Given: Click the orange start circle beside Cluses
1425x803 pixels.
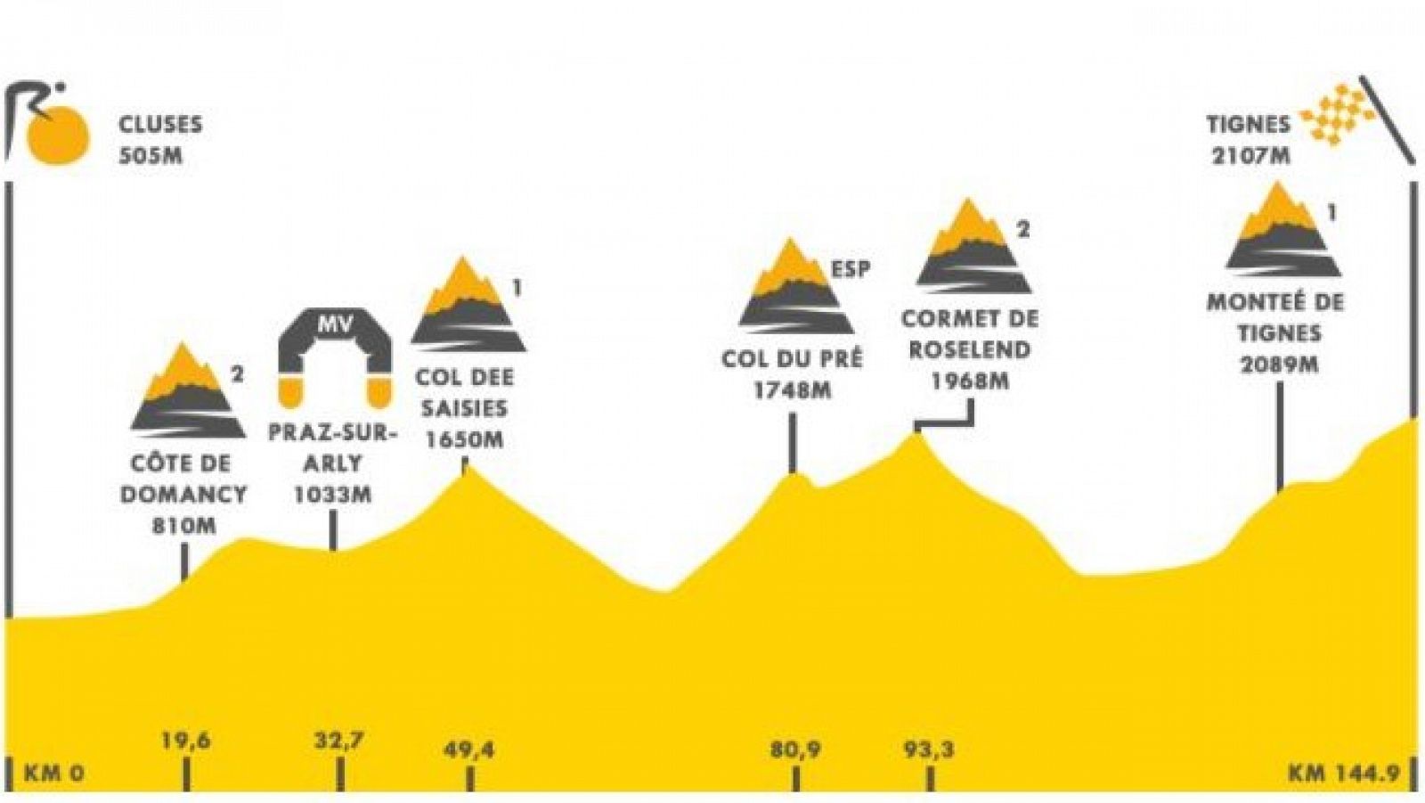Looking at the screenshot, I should [x=57, y=136].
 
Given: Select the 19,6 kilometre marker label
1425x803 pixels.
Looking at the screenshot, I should [x=185, y=741].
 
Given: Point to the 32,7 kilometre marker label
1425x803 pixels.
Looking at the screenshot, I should [x=338, y=741].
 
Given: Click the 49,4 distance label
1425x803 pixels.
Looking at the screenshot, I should [x=468, y=750].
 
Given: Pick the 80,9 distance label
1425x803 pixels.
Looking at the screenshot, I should [x=795, y=750].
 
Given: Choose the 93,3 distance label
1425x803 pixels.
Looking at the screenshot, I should [x=929, y=750].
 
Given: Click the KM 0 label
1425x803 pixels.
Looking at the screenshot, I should [x=53, y=773].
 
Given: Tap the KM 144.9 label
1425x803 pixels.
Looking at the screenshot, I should [x=1343, y=773].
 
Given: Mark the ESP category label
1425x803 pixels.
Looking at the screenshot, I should [x=850, y=268].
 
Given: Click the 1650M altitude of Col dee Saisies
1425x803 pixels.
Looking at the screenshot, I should [x=463, y=439].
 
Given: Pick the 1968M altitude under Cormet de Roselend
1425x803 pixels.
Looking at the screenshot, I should [x=970, y=381].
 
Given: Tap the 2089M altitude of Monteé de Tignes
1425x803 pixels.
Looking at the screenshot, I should [x=1279, y=365].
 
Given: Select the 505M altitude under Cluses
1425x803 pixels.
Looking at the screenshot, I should [x=151, y=155].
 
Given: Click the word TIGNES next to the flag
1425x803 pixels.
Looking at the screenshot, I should [x=1248, y=125].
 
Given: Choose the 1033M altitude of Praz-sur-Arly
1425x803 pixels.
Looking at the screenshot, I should [x=332, y=495].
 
